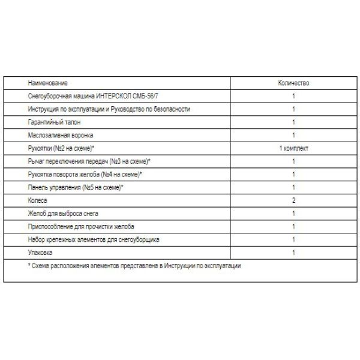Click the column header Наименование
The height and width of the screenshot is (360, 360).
pos(47,83)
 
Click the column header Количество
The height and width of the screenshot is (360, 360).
pos(293,83)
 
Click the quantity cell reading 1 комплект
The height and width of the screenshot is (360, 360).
pos(293,148)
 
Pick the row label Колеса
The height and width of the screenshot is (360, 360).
pos(37,200)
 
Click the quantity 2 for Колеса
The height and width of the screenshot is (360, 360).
pos(293,200)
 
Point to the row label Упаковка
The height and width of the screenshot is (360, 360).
pos(41,253)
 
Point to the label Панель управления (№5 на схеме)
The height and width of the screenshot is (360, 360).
pos(76,187)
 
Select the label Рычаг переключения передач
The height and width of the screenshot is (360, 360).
pos(89,161)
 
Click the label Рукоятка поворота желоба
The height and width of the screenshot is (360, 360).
pos(84,174)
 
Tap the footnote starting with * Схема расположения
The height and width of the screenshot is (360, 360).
pos(134,266)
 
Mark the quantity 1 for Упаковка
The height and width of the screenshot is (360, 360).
pos(293,253)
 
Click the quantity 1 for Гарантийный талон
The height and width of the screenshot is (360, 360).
pos(293,122)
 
